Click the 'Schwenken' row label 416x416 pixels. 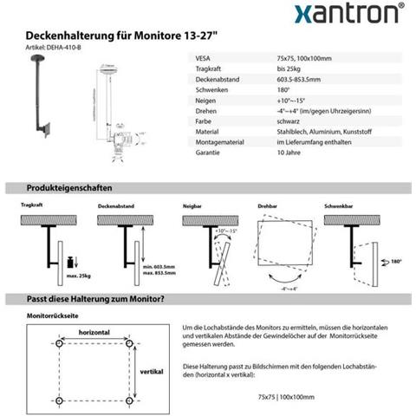point(208,90)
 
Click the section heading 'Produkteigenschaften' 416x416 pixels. point(68,188)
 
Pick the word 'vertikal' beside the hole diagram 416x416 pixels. point(152,371)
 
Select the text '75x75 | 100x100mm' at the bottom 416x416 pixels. point(286,396)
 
